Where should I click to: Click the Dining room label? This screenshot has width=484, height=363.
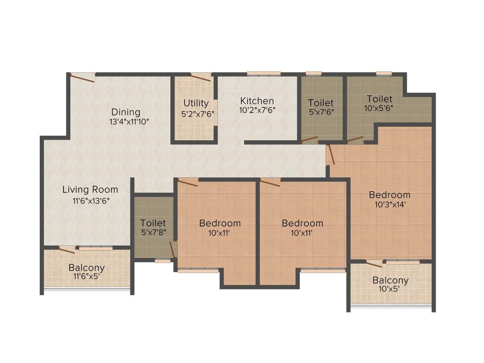126,112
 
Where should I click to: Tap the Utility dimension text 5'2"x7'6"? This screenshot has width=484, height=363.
196,113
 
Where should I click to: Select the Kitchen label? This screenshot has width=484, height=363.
257,101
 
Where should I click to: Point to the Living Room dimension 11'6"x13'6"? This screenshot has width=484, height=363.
90,200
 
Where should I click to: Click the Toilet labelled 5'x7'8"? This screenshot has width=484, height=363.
153,223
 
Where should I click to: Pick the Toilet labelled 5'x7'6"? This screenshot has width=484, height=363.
320,103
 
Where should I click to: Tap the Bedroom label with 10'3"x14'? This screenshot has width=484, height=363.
389,195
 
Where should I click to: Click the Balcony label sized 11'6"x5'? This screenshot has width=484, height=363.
86,268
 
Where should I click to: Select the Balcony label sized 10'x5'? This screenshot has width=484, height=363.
390,280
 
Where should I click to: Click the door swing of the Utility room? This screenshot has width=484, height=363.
200,77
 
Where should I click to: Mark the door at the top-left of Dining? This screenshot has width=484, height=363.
82,78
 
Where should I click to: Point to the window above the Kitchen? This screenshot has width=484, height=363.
264,73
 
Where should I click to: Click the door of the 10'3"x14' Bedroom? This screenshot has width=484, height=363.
331,155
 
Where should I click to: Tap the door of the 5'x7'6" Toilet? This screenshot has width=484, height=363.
310,139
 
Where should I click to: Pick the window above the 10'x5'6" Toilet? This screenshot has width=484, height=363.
384,73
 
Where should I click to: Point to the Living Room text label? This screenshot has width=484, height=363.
90,190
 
